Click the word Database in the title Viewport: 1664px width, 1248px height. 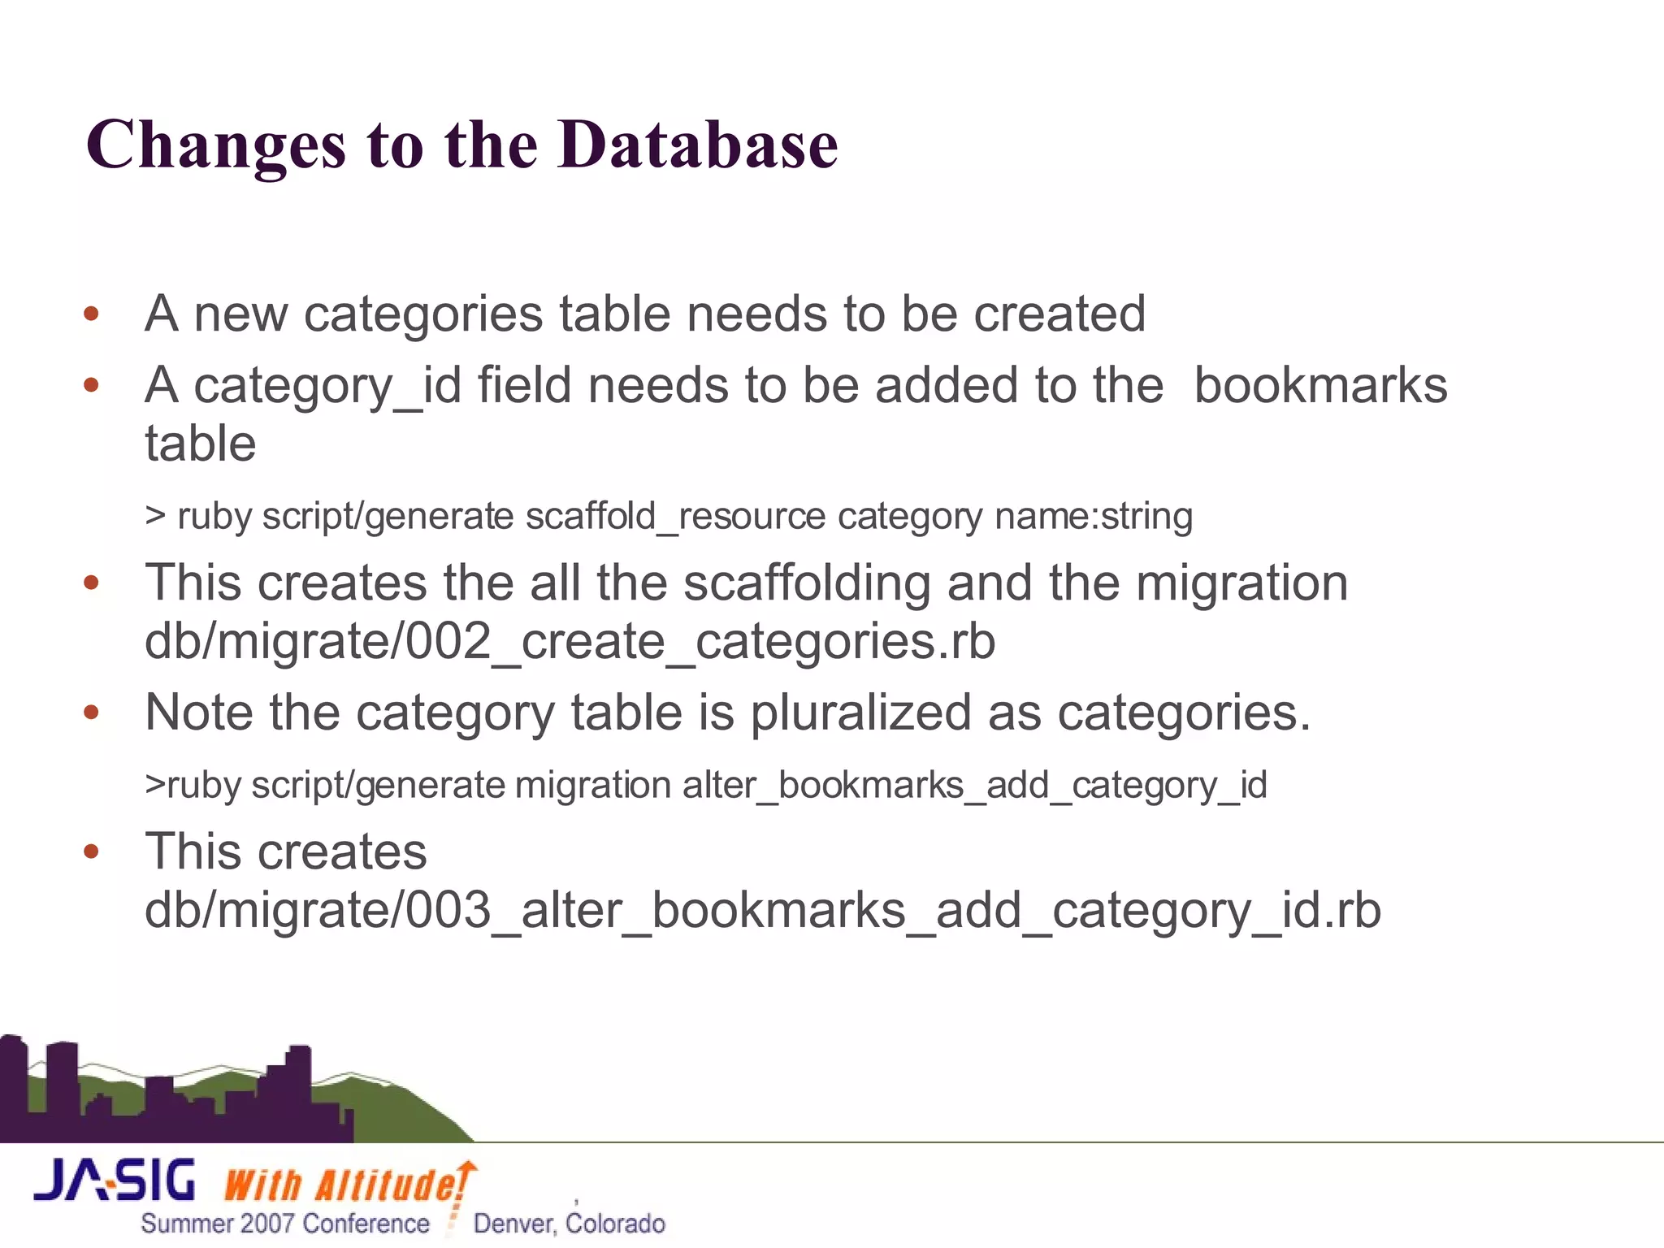tap(697, 145)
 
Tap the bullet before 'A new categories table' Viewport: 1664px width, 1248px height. tap(91, 314)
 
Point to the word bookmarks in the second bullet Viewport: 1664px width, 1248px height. tap(1320, 385)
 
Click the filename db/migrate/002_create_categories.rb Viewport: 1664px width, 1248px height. tap(570, 642)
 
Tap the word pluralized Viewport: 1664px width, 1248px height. tap(860, 713)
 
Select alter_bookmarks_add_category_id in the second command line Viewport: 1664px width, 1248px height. tap(974, 786)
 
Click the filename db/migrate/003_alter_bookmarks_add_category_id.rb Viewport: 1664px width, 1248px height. tap(762, 911)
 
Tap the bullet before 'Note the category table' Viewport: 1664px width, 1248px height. tap(91, 713)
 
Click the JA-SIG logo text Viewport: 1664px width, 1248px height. tap(115, 1181)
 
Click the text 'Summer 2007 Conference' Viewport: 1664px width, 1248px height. tap(284, 1224)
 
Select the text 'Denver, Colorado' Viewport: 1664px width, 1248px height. tap(569, 1224)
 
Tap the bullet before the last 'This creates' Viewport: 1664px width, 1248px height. tap(91, 852)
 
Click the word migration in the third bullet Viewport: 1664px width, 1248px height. tap(1241, 583)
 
